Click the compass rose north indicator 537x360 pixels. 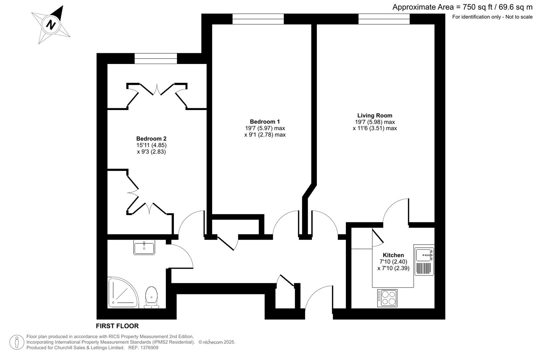point(51,25)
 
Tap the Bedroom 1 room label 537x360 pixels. point(265,122)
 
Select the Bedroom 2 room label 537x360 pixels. point(151,139)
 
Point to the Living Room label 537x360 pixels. point(375,116)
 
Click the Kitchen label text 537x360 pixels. point(393,255)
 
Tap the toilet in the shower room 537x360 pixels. point(152,297)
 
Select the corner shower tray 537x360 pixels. point(123,293)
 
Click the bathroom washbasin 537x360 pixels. point(144,247)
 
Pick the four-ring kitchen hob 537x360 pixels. point(387,298)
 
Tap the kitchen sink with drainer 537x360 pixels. point(424,260)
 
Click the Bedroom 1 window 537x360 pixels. point(258,19)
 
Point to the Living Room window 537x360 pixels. point(384,19)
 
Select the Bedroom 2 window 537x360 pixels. point(156,59)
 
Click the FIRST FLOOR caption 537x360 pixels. point(117,326)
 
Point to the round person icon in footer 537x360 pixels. point(17,342)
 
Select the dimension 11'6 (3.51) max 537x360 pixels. point(375,128)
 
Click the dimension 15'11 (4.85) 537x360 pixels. point(151,145)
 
